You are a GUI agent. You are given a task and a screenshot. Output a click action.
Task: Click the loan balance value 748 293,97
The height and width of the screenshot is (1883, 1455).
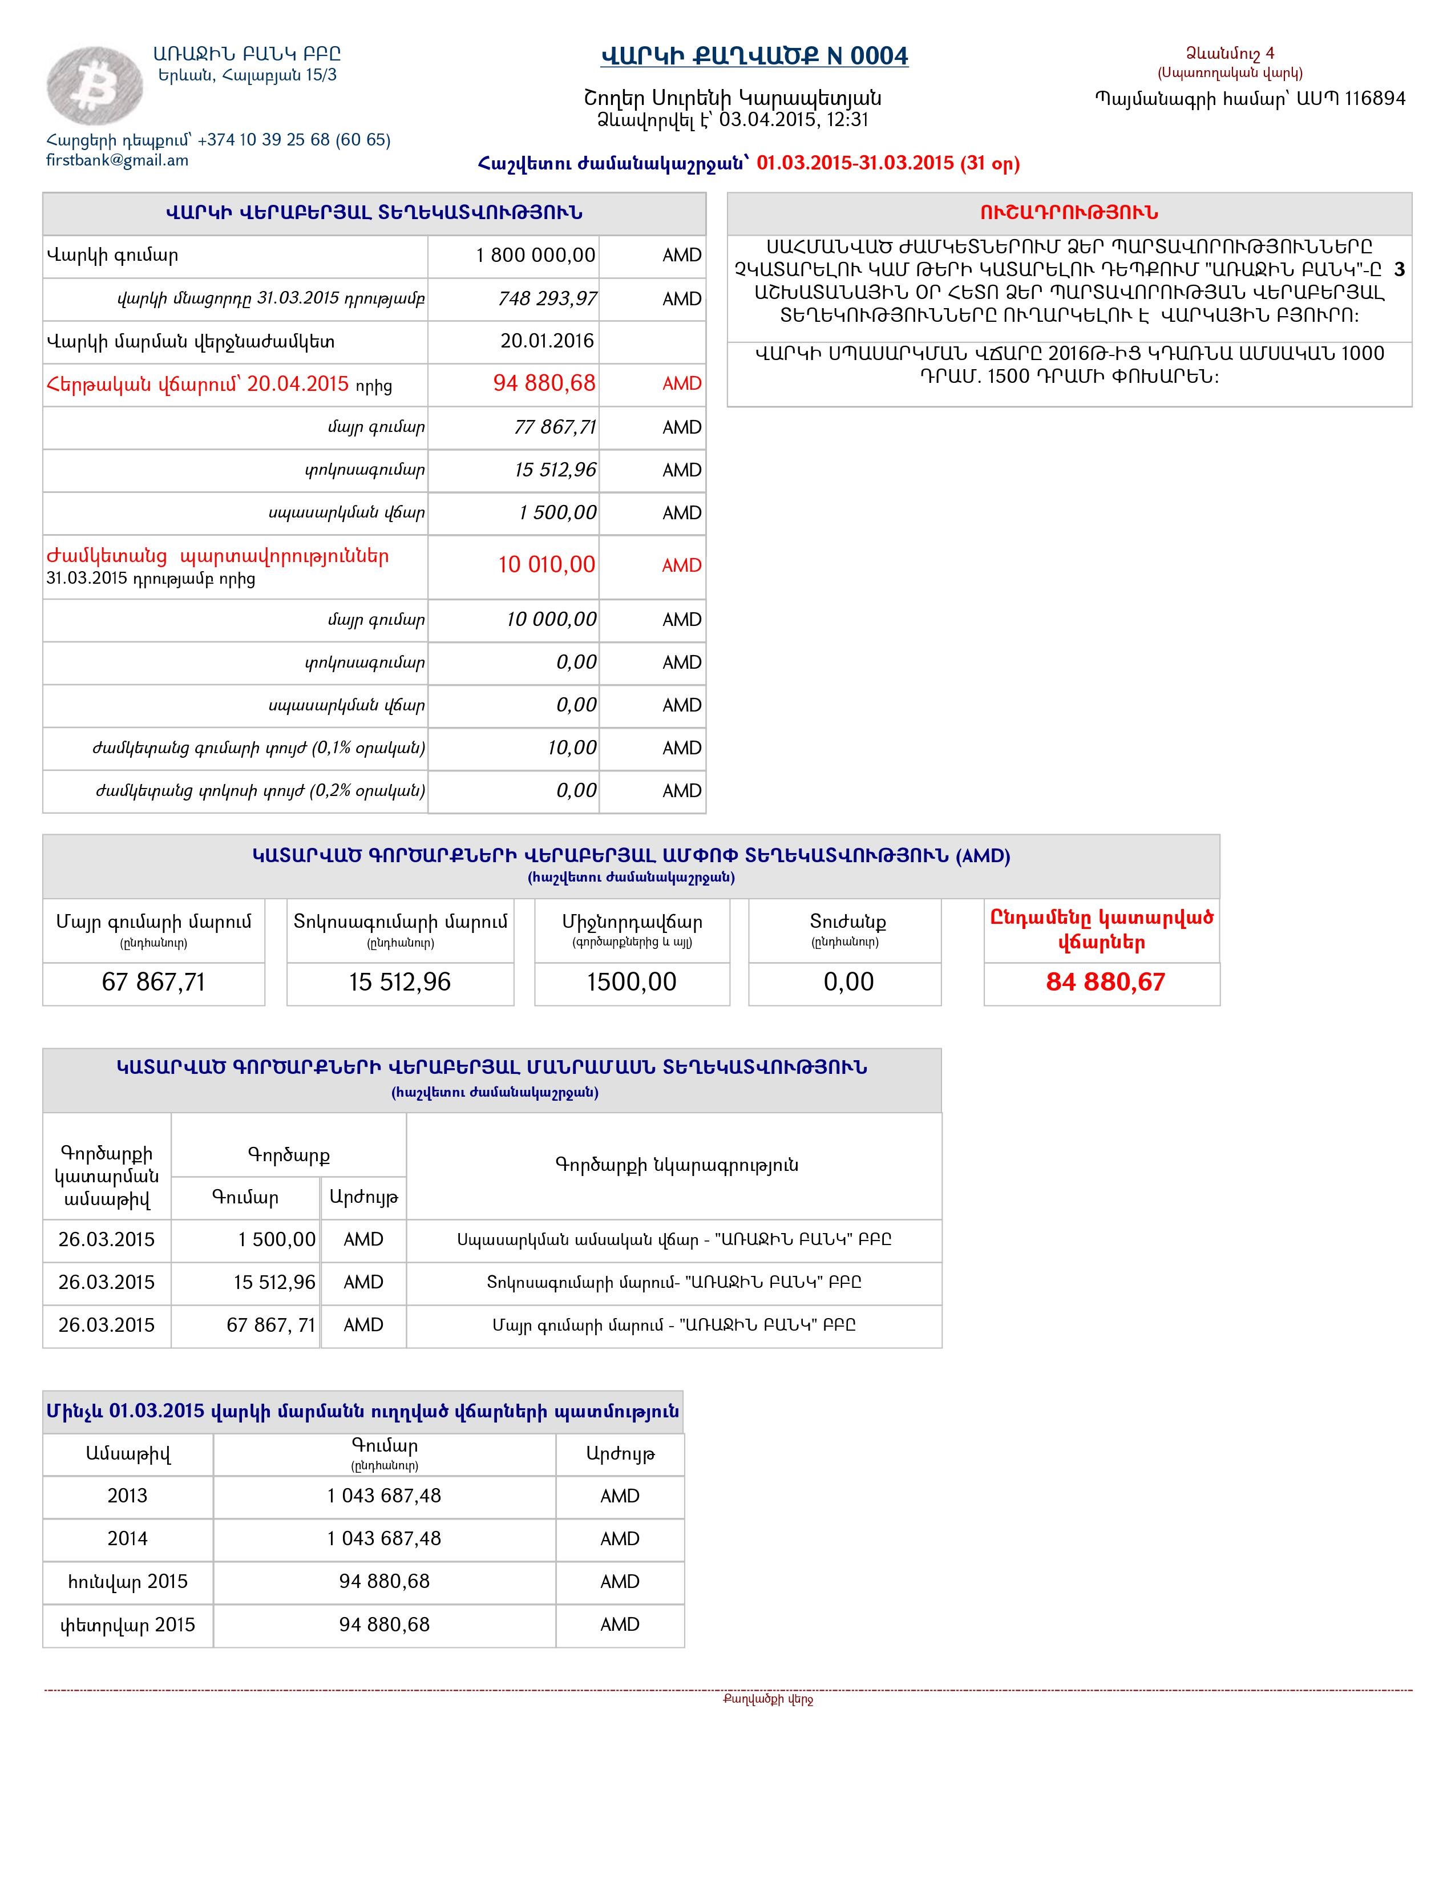547,299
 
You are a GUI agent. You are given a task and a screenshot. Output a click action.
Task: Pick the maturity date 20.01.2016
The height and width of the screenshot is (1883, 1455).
547,341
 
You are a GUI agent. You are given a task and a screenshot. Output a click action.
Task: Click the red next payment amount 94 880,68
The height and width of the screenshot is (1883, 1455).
543,383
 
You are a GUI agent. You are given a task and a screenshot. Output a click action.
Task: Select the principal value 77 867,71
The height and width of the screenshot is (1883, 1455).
554,427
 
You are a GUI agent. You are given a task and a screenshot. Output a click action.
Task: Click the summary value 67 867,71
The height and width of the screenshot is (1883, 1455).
153,982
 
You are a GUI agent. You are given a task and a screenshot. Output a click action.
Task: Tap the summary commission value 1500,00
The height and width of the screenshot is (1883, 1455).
631,982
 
